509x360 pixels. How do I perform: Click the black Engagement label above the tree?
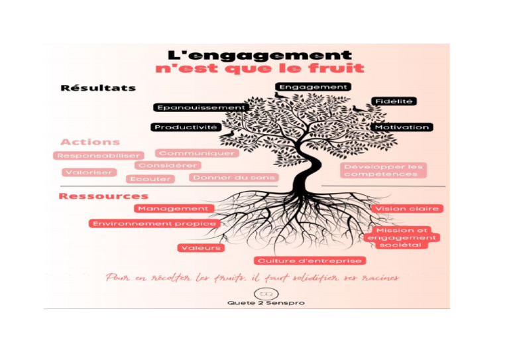[313, 87]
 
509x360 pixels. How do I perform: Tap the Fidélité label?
[394, 101]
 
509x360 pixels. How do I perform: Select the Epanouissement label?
[201, 107]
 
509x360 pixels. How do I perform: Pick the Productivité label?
[186, 127]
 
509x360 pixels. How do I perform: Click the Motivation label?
[402, 127]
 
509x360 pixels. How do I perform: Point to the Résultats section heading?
[98, 88]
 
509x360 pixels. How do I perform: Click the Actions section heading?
[90, 142]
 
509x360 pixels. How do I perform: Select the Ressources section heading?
[103, 196]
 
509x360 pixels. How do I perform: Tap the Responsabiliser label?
[99, 156]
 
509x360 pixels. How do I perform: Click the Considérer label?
[168, 166]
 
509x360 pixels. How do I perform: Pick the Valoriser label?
[89, 172]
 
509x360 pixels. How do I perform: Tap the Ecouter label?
[150, 179]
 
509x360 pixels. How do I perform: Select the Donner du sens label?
[233, 178]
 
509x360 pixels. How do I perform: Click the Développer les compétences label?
[384, 170]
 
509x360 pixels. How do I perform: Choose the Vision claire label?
[407, 209]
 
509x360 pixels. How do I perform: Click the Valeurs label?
[201, 248]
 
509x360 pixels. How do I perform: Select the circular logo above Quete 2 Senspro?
[264, 294]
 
